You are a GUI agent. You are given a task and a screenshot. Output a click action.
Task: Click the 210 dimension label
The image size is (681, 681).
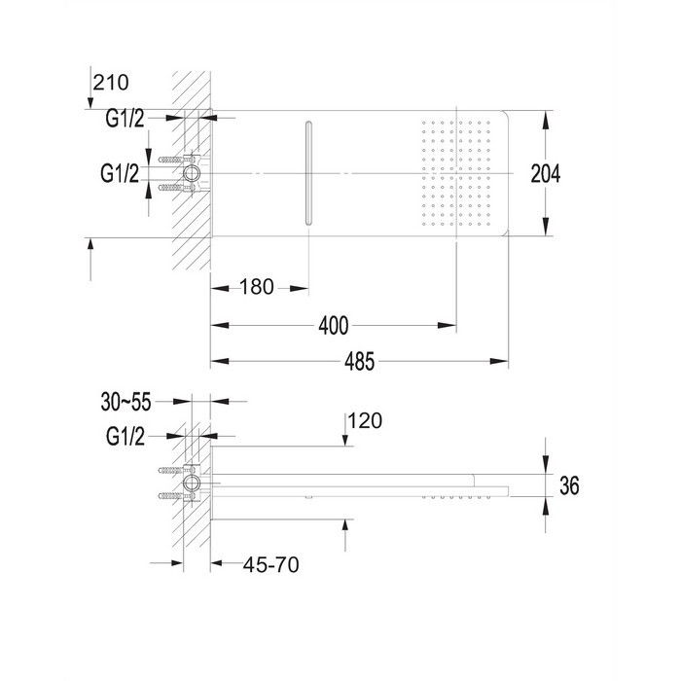pos(111,83)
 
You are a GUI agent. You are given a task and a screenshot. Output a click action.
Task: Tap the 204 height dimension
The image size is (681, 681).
pos(546,174)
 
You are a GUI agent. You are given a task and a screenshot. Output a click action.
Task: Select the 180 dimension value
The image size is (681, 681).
pos(257,287)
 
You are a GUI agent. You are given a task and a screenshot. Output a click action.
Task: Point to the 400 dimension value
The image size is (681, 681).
pos(333,326)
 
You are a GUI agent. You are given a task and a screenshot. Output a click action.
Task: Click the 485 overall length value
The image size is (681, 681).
pos(359,361)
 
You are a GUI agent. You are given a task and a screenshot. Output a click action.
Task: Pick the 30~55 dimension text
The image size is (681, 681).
pos(125,402)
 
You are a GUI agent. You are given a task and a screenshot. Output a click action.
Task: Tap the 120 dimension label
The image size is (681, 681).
pos(365,421)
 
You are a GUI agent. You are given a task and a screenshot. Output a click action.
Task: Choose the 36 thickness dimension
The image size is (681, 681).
pos(569,485)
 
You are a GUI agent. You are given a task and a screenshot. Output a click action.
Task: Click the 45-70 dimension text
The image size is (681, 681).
pos(271,564)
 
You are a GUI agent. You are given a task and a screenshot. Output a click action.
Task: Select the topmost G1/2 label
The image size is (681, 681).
pos(125,118)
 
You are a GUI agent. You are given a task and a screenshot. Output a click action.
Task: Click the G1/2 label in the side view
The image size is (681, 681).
pos(125,436)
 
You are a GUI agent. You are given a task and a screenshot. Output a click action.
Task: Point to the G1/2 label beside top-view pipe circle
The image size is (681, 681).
pos(120,173)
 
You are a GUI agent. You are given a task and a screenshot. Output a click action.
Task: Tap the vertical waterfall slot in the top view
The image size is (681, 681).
pos(308,173)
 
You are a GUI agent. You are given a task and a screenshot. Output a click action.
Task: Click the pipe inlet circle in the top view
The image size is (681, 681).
pos(191,173)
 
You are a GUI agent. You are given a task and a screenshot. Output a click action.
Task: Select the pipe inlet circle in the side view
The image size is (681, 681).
pos(191,483)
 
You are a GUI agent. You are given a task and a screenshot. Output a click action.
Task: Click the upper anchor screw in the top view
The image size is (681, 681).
pos(171,160)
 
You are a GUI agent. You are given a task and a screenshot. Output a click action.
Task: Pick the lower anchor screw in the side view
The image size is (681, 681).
pos(171,495)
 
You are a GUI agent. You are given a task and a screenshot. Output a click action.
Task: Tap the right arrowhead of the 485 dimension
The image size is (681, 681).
pos(498,361)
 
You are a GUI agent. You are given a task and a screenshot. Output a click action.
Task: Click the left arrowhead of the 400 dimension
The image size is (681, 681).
pos(220,326)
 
